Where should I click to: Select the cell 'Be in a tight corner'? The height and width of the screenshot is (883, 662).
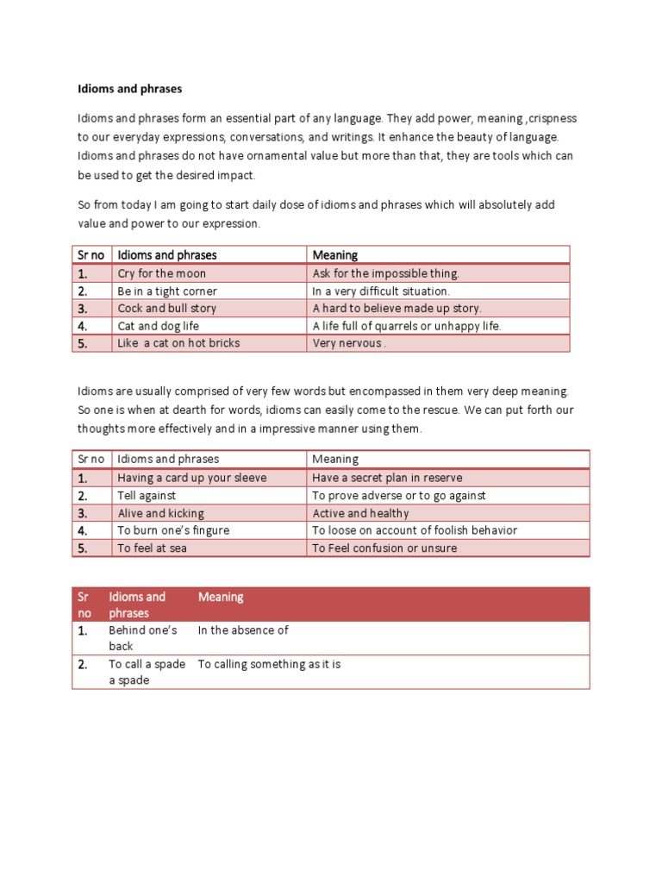pyautogui.click(x=167, y=291)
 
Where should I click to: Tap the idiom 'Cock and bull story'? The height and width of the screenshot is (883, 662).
pyautogui.click(x=167, y=309)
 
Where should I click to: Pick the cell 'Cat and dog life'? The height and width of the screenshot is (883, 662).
pyautogui.click(x=158, y=326)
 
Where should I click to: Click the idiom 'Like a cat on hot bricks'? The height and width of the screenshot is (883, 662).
pyautogui.click(x=178, y=343)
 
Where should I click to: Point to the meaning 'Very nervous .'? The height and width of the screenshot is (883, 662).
pyautogui.click(x=349, y=343)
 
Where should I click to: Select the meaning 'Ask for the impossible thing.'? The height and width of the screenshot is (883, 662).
pyautogui.click(x=386, y=273)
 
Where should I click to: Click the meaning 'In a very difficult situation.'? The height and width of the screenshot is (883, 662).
pyautogui.click(x=381, y=291)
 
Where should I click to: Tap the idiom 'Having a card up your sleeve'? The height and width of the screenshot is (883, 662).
pyautogui.click(x=192, y=478)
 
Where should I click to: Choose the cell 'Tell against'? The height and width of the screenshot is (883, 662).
pyautogui.click(x=147, y=496)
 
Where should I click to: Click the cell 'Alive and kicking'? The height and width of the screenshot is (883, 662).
pyautogui.click(x=159, y=513)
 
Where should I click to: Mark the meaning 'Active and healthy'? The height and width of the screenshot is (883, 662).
pyautogui.click(x=360, y=513)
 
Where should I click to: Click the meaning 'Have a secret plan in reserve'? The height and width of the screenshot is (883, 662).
pyautogui.click(x=387, y=478)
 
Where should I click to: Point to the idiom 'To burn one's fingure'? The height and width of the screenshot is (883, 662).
pyautogui.click(x=173, y=530)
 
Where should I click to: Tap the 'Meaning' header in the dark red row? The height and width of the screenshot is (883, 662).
pyautogui.click(x=221, y=597)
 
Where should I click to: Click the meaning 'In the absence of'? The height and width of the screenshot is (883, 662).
pyautogui.click(x=243, y=630)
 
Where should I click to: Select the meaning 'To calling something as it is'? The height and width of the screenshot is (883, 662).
pyautogui.click(x=269, y=664)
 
